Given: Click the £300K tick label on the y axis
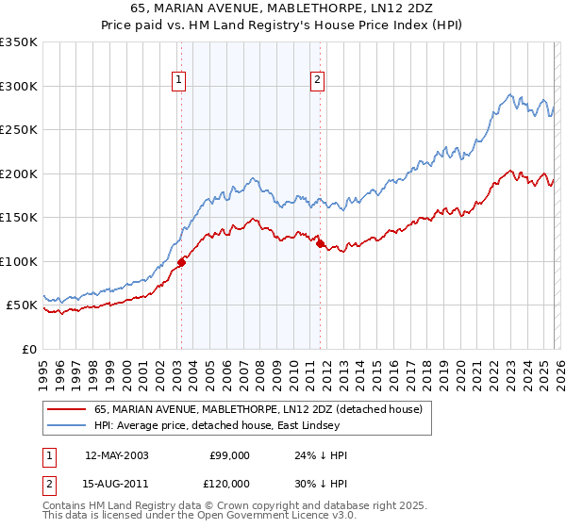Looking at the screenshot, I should (x=19, y=86).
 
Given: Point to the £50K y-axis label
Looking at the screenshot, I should (x=22, y=305).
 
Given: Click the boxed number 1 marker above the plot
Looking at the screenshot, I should (x=180, y=80).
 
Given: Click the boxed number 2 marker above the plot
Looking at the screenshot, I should (x=318, y=80).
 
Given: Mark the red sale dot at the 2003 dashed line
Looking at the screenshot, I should (x=181, y=262).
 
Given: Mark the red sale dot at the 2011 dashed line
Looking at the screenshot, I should (x=320, y=244).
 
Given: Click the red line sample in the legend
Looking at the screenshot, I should (x=66, y=409).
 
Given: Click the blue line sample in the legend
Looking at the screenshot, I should (x=66, y=425).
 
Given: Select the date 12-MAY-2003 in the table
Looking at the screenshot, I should (x=116, y=455).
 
